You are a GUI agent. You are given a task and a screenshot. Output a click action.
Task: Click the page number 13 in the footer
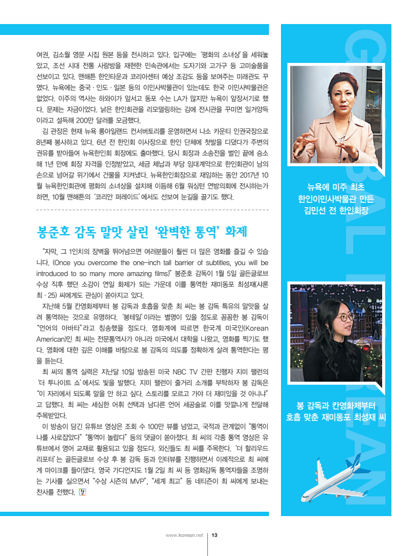coord(215,535)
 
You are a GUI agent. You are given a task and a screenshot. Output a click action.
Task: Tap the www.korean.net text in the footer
coord(184,535)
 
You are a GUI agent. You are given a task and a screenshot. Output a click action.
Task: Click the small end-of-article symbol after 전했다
coord(83,493)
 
